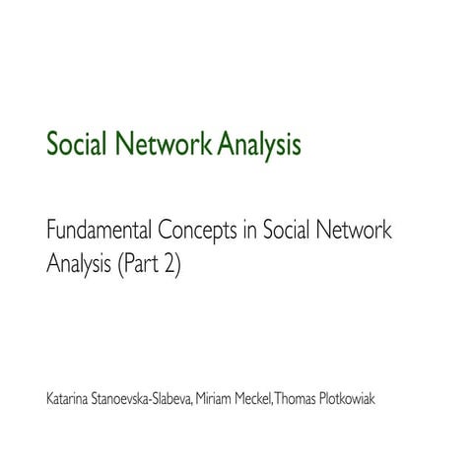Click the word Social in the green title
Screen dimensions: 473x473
78,147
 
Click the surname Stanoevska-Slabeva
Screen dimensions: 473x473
155,400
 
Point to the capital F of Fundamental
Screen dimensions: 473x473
52,234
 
